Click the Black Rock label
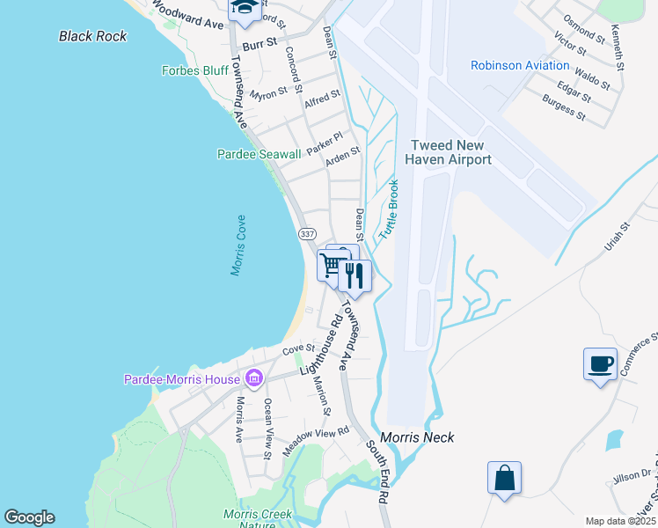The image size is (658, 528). [92, 36]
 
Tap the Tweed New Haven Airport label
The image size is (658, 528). [448, 152]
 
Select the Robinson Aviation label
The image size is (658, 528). [520, 65]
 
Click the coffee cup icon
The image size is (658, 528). [600, 363]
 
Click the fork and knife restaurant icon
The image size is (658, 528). [355, 275]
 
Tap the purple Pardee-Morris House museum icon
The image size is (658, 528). [254, 379]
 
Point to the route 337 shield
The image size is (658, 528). [306, 234]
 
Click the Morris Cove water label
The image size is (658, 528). [239, 246]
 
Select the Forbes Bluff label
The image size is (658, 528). [194, 71]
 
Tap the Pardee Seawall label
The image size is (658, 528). [259, 154]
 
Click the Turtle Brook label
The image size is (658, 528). [389, 209]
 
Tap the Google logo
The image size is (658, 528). [29, 517]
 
